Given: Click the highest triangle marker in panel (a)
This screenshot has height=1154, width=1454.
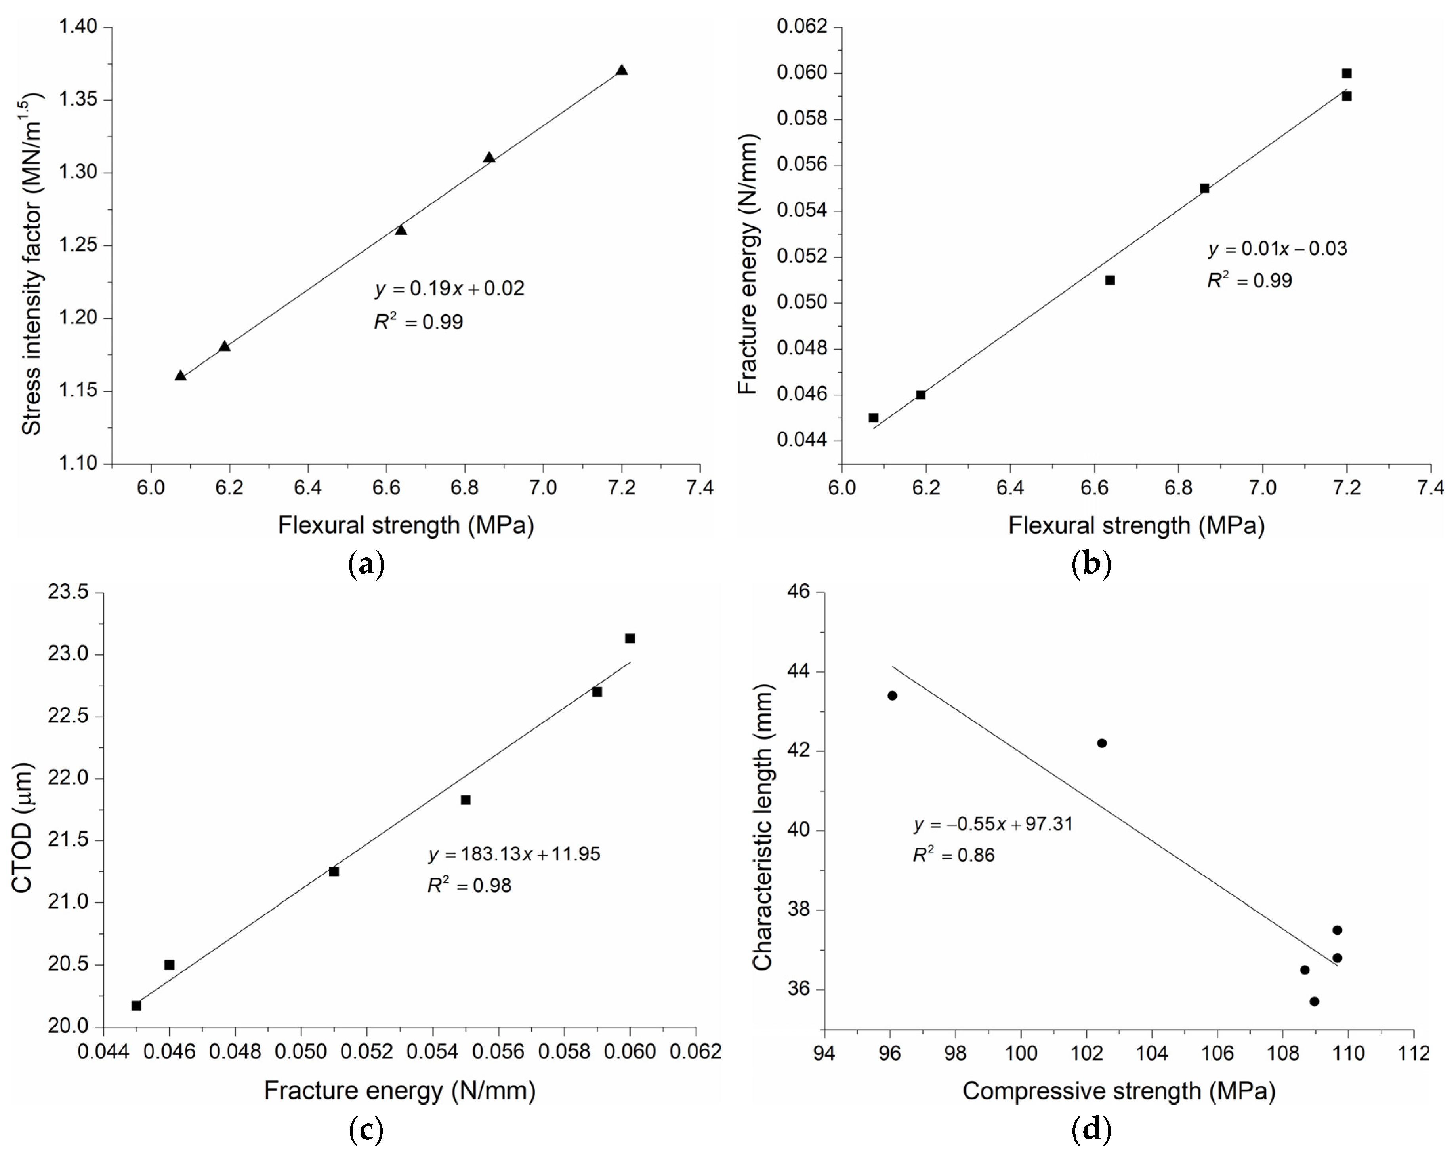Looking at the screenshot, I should point(622,70).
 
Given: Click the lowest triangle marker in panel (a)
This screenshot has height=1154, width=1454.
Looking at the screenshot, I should point(180,375).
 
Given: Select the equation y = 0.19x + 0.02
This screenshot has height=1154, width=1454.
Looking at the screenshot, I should point(450,289).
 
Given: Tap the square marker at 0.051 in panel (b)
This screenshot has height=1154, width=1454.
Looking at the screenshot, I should point(1110,280).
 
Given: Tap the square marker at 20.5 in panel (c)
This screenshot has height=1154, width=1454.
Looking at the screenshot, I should point(169,965).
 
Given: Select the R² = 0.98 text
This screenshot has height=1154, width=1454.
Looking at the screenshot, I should point(469,885).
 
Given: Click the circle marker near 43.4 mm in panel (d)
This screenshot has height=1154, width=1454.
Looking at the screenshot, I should point(892,696).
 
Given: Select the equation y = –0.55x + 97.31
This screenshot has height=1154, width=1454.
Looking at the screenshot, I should point(993,824).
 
